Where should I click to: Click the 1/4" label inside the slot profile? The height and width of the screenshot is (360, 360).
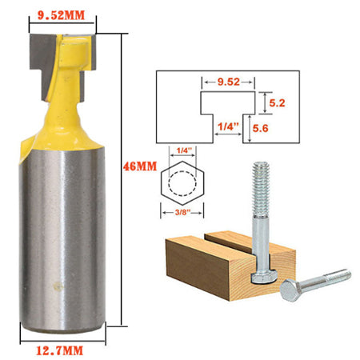pyautogui.click(x=228, y=126)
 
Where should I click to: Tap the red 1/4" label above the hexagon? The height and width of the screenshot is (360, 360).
pyautogui.click(x=186, y=150)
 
